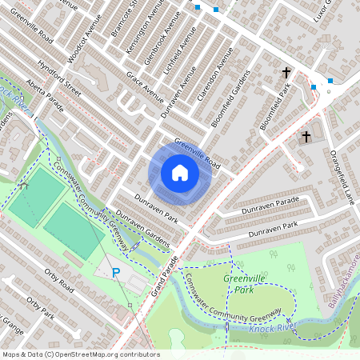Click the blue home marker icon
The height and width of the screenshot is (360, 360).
180,173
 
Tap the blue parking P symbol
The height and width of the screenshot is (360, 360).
116,273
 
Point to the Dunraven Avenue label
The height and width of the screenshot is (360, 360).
178,92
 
